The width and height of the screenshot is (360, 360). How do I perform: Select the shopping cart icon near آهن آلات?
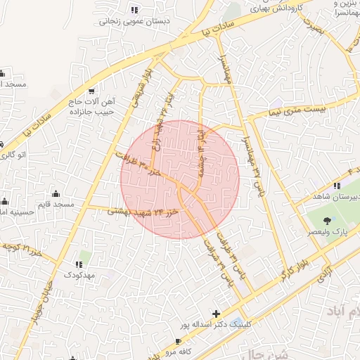[91, 91]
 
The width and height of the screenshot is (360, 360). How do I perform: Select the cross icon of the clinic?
[216, 313]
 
